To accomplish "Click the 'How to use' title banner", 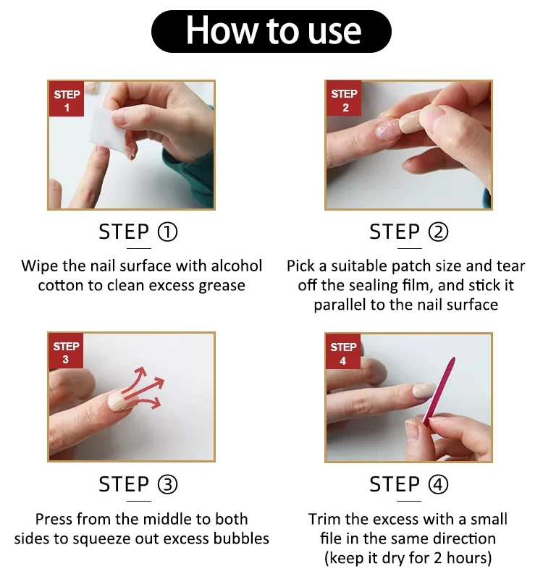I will click(271, 30).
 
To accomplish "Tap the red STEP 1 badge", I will click(67, 101).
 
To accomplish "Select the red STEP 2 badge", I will click(344, 101).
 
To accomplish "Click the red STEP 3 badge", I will click(67, 352).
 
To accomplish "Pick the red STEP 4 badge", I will click(343, 353).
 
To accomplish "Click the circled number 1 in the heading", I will click(167, 232).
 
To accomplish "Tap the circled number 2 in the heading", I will click(438, 232).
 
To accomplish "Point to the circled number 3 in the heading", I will click(167, 484).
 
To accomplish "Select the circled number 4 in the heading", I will click(438, 484).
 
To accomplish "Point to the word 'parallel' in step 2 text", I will click(340, 304).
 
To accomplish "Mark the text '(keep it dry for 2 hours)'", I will click(408, 557).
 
